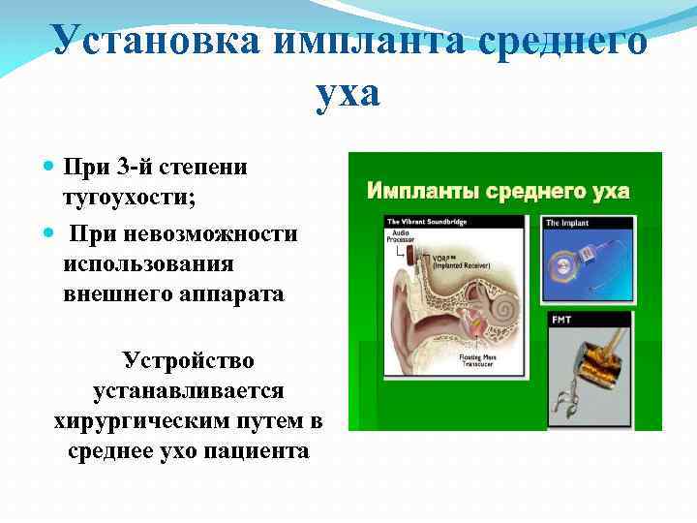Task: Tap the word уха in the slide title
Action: [x=348, y=94]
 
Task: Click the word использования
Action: [x=148, y=263]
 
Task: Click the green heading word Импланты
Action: [x=423, y=191]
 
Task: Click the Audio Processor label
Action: [x=400, y=237]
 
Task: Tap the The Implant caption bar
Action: [x=587, y=223]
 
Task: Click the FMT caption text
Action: [x=561, y=319]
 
